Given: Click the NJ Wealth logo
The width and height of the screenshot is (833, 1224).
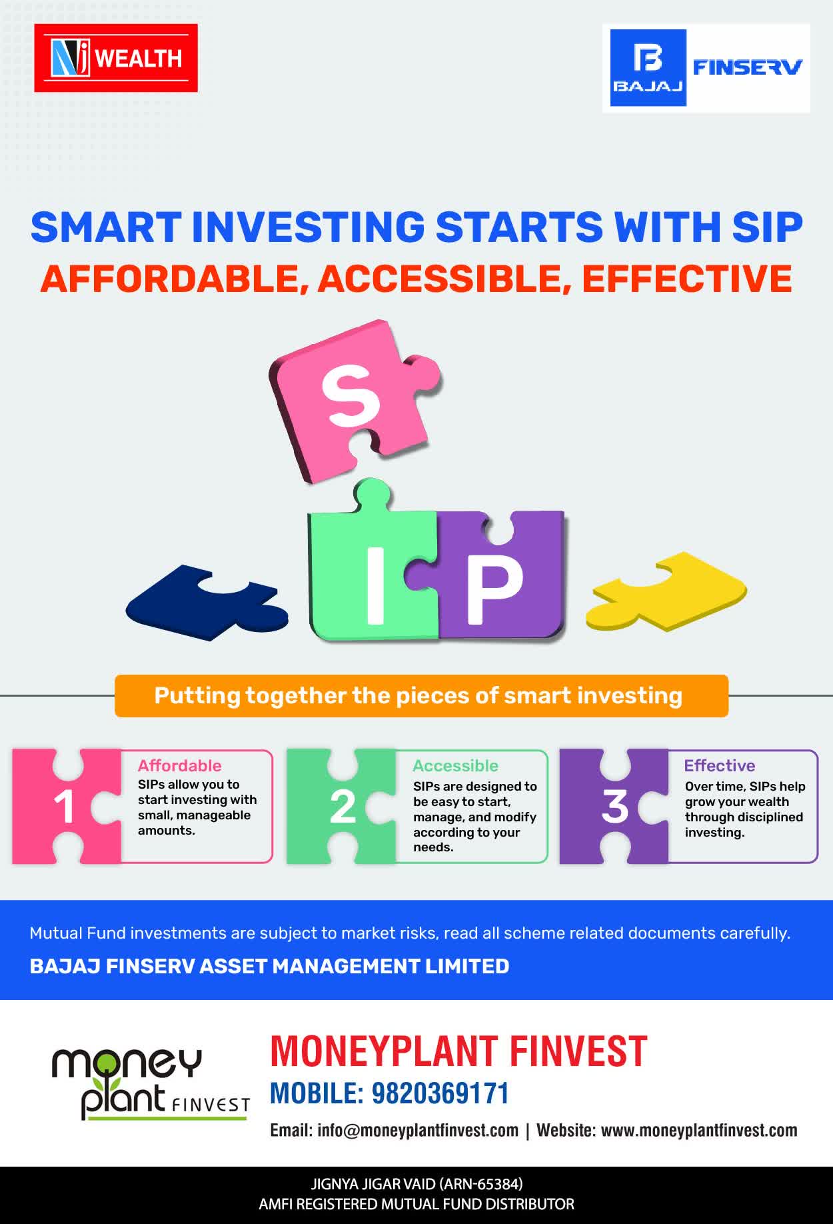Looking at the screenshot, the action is pyautogui.click(x=116, y=58).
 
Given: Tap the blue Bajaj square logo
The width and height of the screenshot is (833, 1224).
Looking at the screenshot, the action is pyautogui.click(x=648, y=68).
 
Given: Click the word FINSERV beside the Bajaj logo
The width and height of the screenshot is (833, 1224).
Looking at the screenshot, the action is pyautogui.click(x=748, y=67).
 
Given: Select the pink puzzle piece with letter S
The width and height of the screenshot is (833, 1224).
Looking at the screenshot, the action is pyautogui.click(x=353, y=400).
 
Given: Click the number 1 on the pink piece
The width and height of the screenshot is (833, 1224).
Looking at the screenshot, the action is pyautogui.click(x=64, y=807).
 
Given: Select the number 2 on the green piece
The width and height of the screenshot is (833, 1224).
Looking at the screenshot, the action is pyautogui.click(x=343, y=807).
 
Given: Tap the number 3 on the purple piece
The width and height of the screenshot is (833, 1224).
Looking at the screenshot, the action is pyautogui.click(x=614, y=807).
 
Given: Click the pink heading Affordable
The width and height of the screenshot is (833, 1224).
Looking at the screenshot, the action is pyautogui.click(x=179, y=765).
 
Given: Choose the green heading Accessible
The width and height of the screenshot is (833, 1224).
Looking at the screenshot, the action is pyautogui.click(x=455, y=765).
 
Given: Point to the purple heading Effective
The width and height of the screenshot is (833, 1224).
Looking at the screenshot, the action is pyautogui.click(x=720, y=765).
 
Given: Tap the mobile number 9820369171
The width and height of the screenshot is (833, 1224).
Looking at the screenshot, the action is pyautogui.click(x=440, y=1093).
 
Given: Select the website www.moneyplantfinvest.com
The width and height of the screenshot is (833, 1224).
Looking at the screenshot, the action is pyautogui.click(x=699, y=1131).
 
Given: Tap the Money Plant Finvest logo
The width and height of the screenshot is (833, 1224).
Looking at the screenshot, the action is pyautogui.click(x=151, y=1083).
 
